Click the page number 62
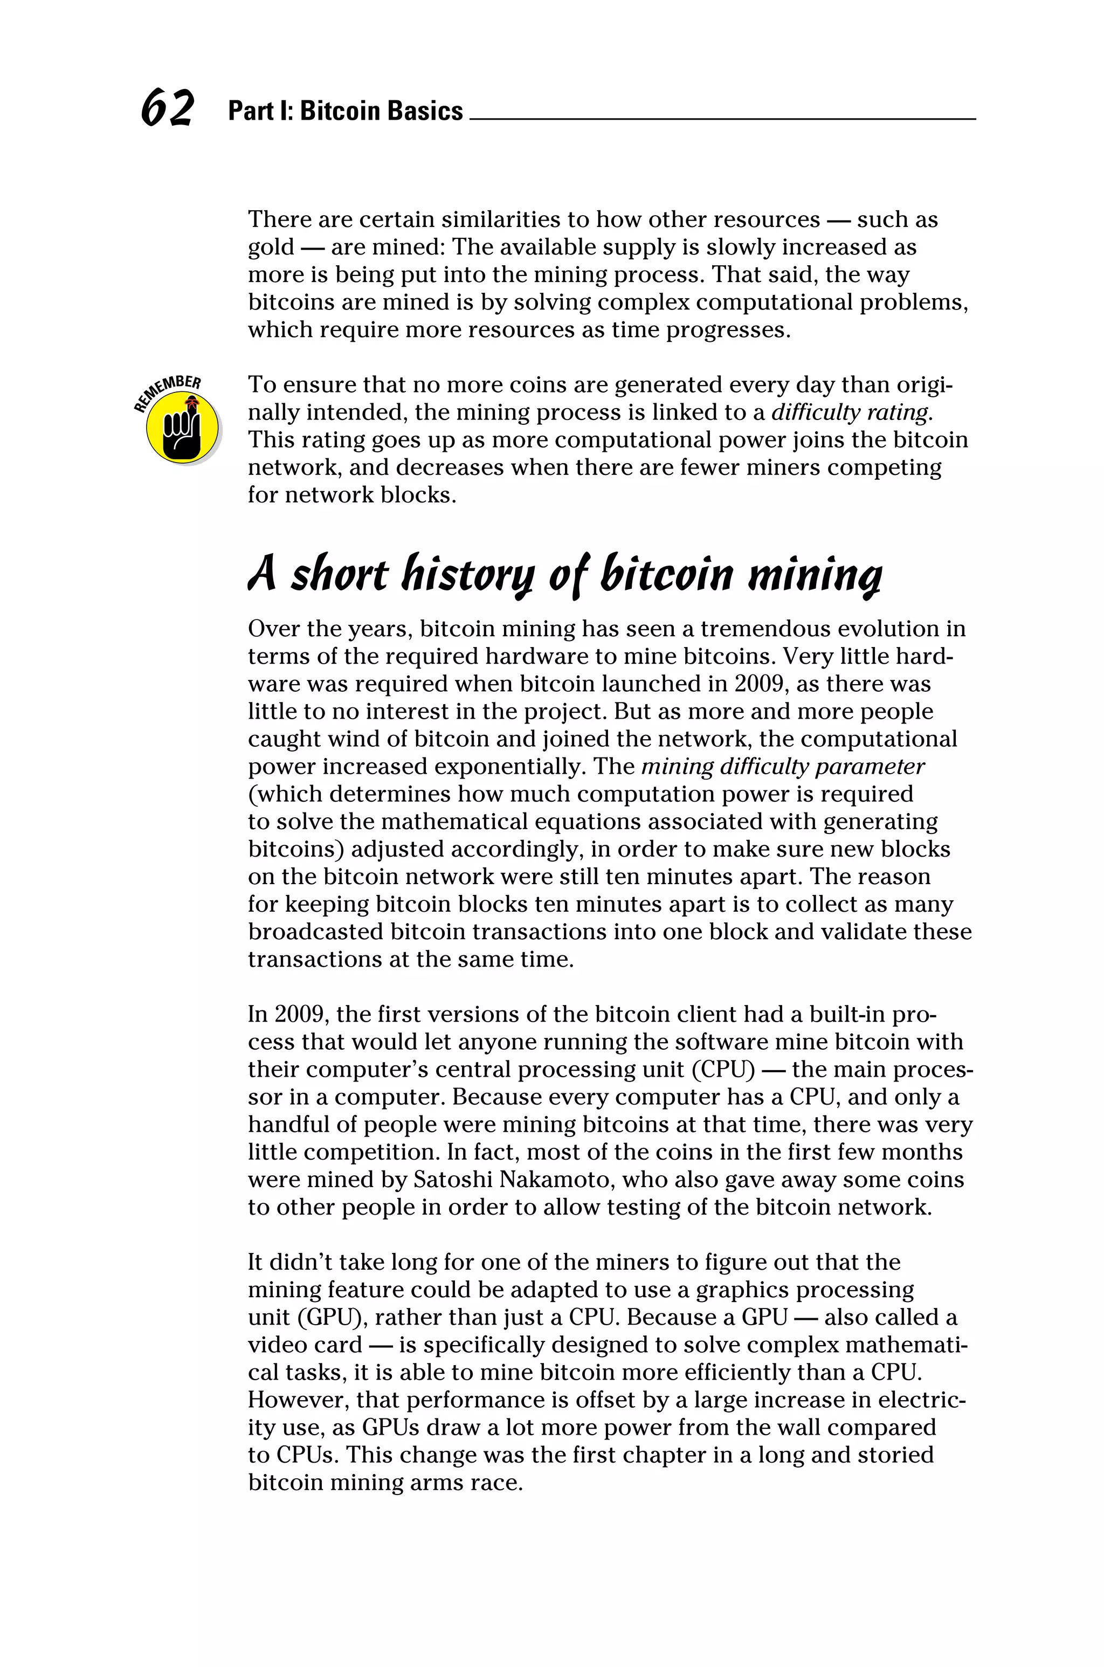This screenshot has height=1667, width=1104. [167, 109]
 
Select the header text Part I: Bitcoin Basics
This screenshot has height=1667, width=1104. [345, 111]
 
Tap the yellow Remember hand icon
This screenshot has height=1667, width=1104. [182, 426]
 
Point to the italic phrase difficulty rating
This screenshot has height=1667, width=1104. [852, 412]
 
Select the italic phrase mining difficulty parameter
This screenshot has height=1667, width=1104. [783, 767]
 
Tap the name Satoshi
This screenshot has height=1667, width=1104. [458, 1180]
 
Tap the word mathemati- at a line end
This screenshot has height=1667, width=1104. [908, 1345]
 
